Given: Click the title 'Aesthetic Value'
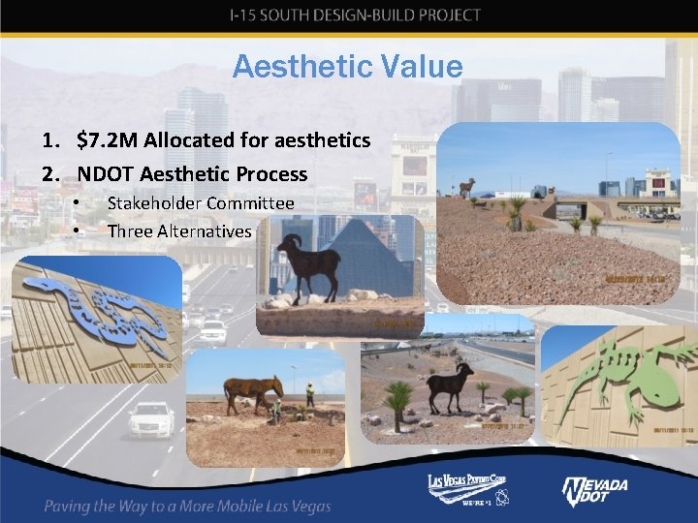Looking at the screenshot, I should (x=348, y=67).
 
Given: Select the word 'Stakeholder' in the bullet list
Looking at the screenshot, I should (x=154, y=203).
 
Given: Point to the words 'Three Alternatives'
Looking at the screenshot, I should (x=179, y=231).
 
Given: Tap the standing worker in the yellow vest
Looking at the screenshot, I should (x=310, y=397).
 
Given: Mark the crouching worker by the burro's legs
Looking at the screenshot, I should (x=276, y=412).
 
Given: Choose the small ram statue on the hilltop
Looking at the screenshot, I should (x=468, y=186).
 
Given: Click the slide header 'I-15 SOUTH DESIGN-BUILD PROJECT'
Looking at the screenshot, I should (x=355, y=15).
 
